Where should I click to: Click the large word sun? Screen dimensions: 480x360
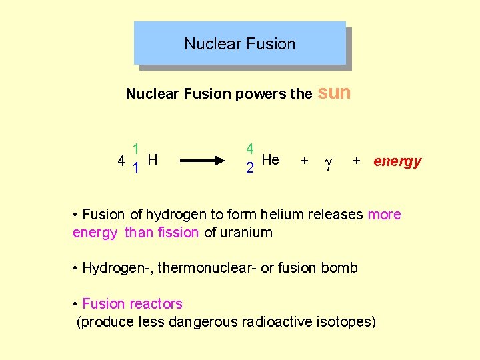(x=335, y=93)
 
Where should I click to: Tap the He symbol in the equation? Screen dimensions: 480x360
(x=270, y=159)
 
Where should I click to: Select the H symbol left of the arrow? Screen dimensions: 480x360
(x=153, y=159)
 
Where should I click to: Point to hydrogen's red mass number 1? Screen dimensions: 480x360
(x=135, y=149)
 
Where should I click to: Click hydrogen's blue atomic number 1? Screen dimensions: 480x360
(x=135, y=168)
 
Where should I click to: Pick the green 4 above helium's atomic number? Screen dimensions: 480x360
(x=249, y=149)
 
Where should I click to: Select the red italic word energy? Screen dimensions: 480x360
(x=397, y=161)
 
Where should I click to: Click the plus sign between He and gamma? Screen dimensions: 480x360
(x=305, y=161)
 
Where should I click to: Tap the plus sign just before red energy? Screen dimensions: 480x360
(x=357, y=161)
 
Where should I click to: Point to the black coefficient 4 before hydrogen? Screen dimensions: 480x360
(x=121, y=161)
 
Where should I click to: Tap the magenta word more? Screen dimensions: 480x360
(x=385, y=215)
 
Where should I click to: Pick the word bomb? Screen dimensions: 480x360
(x=339, y=268)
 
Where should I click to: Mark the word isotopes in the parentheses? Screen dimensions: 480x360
(x=346, y=322)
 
